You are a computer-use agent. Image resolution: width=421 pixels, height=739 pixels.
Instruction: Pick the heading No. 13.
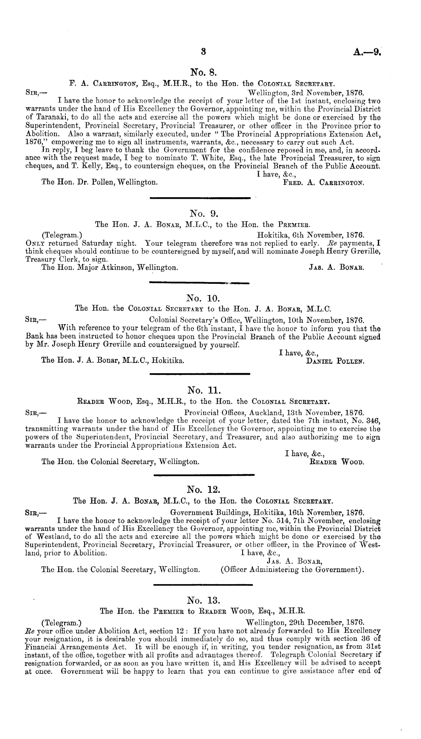pyautogui.click(x=203, y=600)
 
